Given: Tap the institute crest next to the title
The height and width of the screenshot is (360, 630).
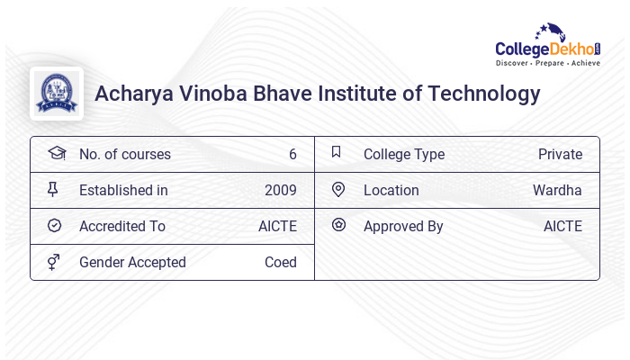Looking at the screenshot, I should (57, 94).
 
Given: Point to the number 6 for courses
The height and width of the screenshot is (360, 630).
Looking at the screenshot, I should (292, 155).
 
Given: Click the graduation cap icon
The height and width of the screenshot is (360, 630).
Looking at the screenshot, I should (56, 154).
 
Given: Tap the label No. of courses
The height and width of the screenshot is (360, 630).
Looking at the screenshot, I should (124, 155).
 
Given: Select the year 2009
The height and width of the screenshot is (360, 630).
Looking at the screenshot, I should (281, 191).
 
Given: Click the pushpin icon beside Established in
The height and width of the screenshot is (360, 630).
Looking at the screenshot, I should (54, 190).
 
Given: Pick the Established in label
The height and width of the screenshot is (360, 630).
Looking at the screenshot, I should (123, 191).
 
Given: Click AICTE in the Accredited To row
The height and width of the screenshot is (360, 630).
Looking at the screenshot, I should (277, 227).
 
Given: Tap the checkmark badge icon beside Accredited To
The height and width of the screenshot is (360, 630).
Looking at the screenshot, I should (54, 226).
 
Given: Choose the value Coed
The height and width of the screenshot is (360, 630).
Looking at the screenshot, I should (281, 263).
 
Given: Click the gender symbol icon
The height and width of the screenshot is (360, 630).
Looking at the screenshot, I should (54, 262).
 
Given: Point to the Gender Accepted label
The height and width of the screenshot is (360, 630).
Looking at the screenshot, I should (132, 263).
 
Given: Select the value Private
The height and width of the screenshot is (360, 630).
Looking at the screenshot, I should (560, 155).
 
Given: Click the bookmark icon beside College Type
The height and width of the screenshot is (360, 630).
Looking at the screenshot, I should (337, 153).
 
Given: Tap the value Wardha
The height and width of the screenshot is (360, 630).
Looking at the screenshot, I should (557, 191).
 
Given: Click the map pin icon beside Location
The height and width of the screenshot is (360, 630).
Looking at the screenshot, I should (338, 190).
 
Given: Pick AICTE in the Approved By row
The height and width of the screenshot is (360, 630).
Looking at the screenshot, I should (562, 227).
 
